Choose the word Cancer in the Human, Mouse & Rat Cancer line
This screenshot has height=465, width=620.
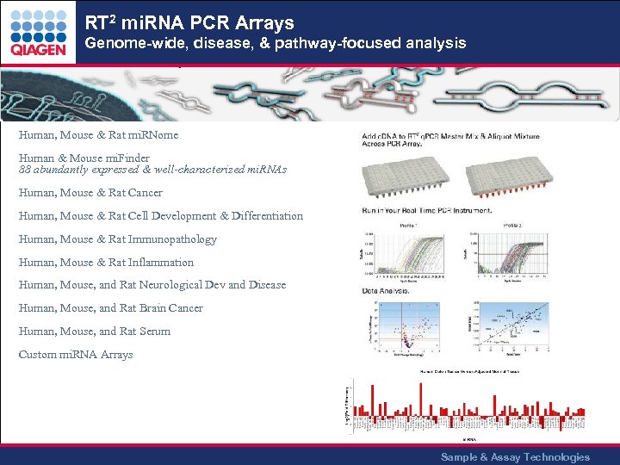[x=145, y=193]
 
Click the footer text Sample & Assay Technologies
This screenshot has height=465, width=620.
[x=515, y=457]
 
